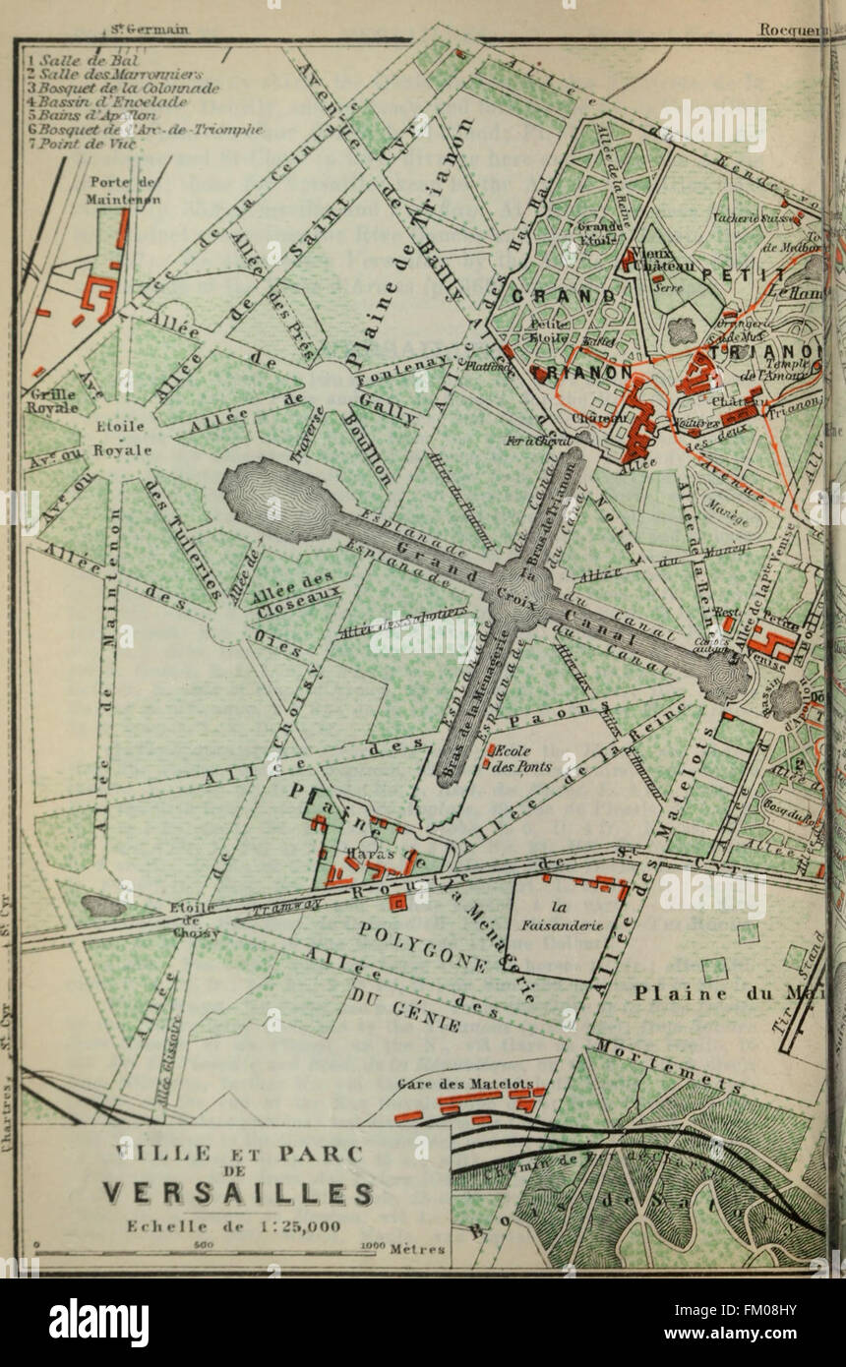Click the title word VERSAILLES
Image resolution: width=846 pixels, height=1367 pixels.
(239, 1193)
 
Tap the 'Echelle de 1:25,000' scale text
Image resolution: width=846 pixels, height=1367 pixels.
(234, 1225)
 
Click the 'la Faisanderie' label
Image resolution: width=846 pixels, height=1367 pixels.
(575, 916)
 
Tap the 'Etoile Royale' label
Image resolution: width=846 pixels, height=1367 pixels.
(122, 440)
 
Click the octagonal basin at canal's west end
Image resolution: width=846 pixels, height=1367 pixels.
(272, 491)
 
